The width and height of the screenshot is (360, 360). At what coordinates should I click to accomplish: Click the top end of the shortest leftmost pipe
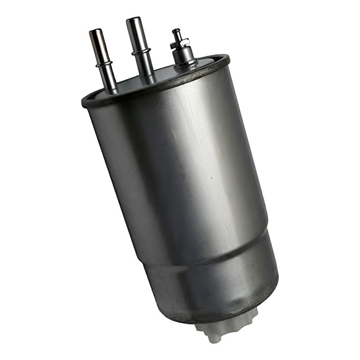[x=96, y=33]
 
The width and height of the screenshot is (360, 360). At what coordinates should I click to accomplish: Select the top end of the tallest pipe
[x=134, y=21]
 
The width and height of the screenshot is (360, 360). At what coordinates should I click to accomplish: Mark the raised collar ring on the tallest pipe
[x=141, y=52]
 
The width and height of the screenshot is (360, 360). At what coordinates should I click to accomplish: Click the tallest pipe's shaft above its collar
[x=137, y=36]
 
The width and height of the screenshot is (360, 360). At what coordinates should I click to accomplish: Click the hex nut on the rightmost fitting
[x=180, y=43]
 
